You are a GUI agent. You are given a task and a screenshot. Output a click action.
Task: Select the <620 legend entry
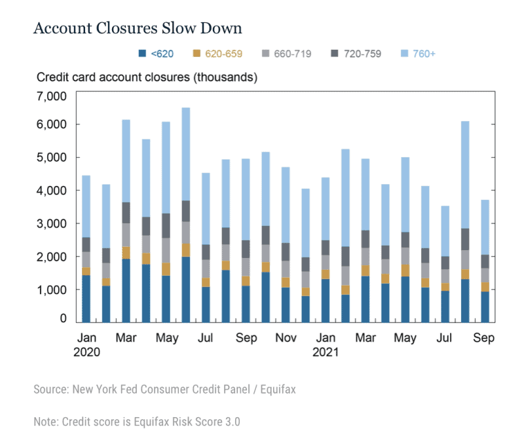pyautogui.click(x=162, y=54)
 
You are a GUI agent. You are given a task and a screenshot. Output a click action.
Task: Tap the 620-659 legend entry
pyautogui.click(x=227, y=54)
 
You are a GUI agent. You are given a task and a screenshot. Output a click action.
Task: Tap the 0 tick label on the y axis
pyautogui.click(x=64, y=319)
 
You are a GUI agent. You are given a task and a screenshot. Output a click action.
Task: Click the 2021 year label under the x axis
pyautogui.click(x=325, y=353)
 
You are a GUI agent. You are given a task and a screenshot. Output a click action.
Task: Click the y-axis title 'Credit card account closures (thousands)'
pyautogui.click(x=147, y=77)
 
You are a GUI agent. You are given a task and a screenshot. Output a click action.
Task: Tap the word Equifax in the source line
pyautogui.click(x=274, y=390)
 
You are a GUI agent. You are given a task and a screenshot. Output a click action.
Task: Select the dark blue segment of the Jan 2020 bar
pyautogui.click(x=86, y=299)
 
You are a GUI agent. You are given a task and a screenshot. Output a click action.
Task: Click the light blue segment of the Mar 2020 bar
pyautogui.click(x=126, y=161)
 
